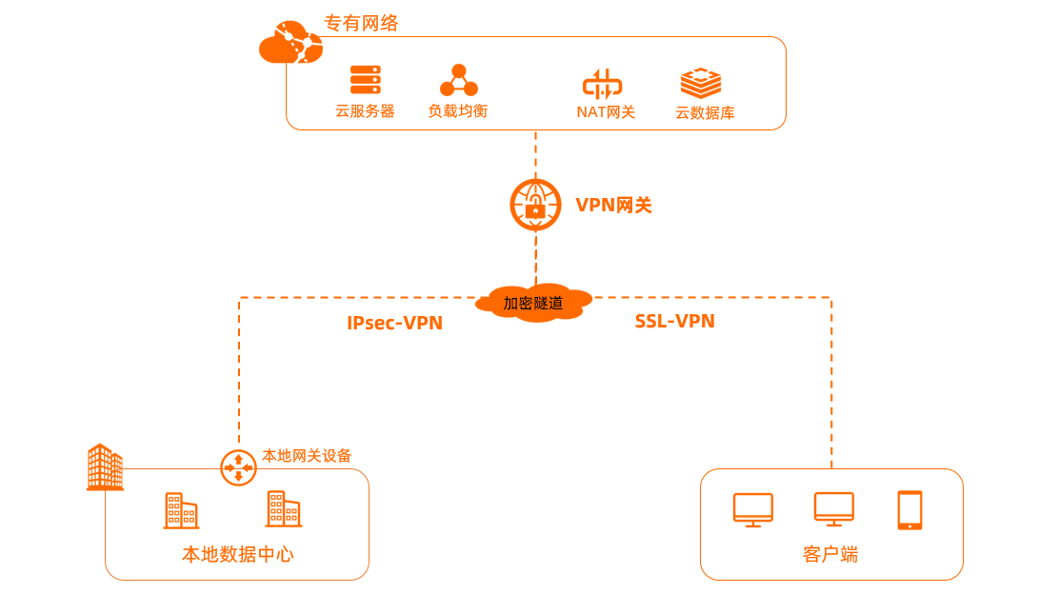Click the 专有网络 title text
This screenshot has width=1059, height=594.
361,24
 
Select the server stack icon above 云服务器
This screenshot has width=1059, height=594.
365,80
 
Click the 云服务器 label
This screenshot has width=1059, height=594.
365,111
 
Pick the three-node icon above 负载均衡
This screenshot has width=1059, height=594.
458,81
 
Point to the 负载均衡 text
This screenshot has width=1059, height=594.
457,111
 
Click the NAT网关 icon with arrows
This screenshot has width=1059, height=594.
602,84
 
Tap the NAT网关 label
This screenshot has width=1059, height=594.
606,112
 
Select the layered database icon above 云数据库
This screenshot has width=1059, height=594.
700,83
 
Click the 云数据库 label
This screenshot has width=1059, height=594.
705,113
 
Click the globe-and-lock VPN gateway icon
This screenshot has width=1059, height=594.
535,205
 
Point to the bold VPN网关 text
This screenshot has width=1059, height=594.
613,206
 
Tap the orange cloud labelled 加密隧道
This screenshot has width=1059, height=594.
533,303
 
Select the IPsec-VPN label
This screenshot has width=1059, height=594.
394,324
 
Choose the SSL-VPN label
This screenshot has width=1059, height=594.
674,322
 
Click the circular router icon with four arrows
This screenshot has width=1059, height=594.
238,467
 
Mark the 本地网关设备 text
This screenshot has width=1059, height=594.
307,456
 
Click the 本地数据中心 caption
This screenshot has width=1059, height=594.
237,554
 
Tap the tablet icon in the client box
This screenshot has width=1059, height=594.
909,510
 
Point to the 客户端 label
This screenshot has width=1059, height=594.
830,554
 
